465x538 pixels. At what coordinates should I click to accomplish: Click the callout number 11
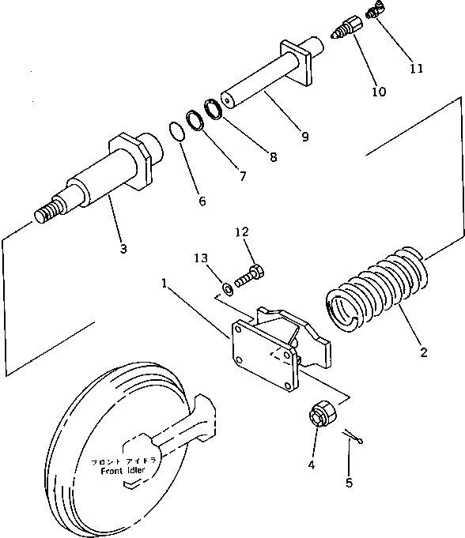[416, 68]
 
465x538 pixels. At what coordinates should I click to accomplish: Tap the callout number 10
[378, 92]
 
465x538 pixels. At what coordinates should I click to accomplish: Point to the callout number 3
[123, 249]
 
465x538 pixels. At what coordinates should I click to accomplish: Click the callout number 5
[350, 482]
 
